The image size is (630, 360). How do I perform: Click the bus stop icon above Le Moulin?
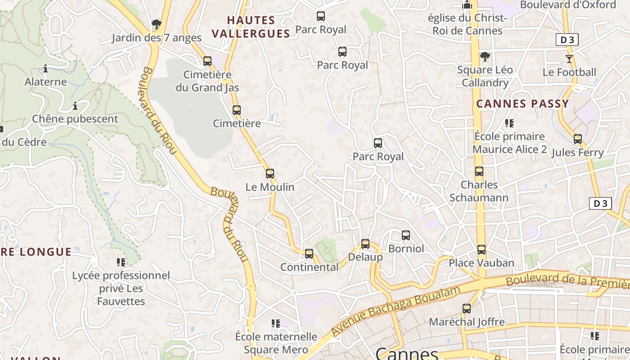click(270, 173)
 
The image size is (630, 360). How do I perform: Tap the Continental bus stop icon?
click(309, 253)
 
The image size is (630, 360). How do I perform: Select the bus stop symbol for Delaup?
click(365, 244)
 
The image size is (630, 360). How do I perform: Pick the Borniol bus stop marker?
click(406, 235)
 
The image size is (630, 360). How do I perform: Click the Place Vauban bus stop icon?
click(481, 249)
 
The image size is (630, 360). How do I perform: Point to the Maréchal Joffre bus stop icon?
click(467, 309)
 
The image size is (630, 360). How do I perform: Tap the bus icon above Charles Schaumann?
click(479, 171)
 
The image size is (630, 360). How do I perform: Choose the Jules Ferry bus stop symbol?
click(578, 139)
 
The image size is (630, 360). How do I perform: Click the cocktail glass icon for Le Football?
click(569, 58)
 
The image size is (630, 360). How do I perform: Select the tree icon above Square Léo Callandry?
click(485, 57)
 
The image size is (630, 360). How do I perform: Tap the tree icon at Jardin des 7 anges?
click(156, 24)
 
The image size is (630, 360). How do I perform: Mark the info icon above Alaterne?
click(45, 68)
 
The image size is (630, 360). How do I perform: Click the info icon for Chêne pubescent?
click(75, 106)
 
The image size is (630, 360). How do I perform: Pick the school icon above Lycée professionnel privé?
click(121, 261)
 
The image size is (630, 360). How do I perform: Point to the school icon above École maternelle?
click(276, 323)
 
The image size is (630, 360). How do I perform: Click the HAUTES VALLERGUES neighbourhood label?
click(251, 27)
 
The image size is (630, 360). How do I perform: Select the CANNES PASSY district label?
click(523, 104)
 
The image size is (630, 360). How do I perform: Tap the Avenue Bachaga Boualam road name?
click(396, 310)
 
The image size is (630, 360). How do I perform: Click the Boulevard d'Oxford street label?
click(568, 5)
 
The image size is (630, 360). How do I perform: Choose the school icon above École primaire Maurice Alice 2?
click(509, 123)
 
